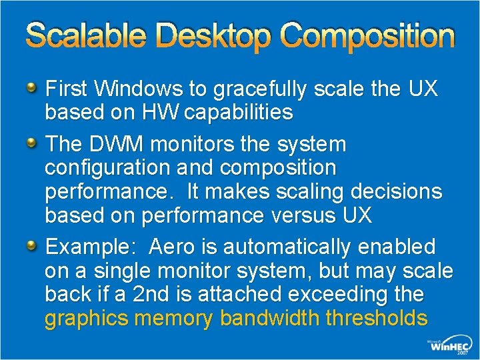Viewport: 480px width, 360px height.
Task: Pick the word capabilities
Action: point(239,113)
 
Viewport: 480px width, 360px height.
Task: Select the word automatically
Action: point(287,247)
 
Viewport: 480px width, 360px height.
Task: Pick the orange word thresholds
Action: point(377,319)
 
